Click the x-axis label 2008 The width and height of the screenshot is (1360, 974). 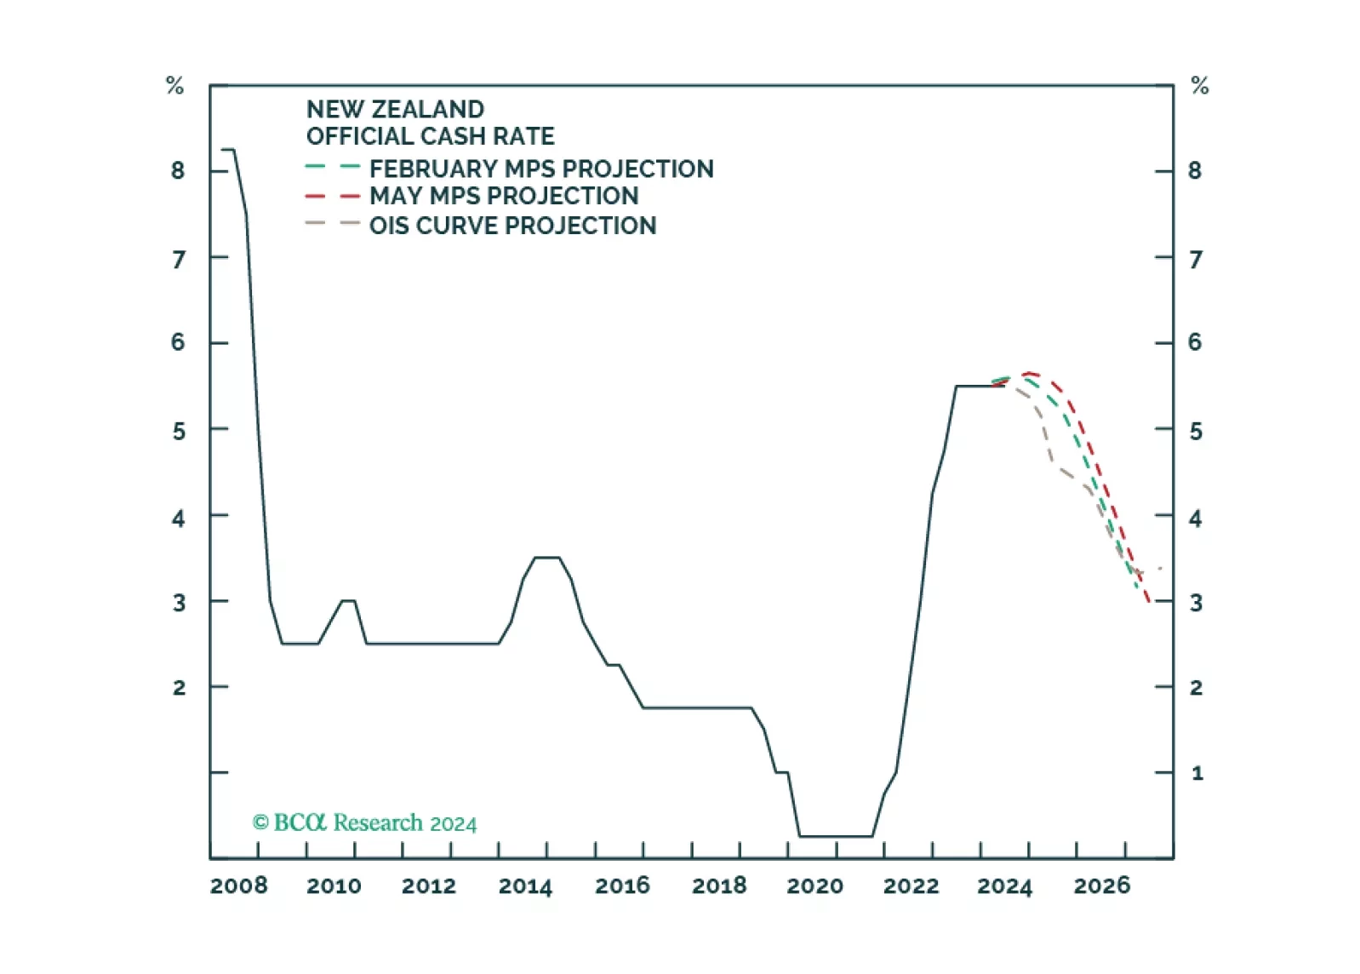[x=238, y=886]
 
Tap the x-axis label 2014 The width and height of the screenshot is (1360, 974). [x=525, y=886]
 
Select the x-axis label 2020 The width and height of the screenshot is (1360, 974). [x=814, y=886]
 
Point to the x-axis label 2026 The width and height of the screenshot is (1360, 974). [x=1102, y=886]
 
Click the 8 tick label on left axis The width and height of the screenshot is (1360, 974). [x=178, y=171]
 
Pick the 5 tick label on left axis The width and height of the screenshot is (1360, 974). [x=178, y=431]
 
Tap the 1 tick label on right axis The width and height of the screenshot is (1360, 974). [x=1197, y=773]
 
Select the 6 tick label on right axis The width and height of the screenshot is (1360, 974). [x=1195, y=342]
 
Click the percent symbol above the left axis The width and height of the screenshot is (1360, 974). [x=174, y=86]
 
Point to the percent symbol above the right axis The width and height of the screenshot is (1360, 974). [x=1200, y=86]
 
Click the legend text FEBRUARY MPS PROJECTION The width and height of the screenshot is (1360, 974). [x=541, y=169]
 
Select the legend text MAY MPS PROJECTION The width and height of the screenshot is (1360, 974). [x=504, y=196]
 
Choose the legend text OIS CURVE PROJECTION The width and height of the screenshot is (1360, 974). [x=512, y=226]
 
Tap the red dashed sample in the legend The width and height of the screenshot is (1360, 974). [x=332, y=197]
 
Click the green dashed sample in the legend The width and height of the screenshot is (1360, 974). [x=332, y=168]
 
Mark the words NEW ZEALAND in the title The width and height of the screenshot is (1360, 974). [x=395, y=110]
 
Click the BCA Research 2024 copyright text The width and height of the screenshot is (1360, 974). [x=364, y=822]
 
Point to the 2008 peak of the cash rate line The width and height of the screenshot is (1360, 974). [x=228, y=150]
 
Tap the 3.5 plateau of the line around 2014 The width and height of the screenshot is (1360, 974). [x=546, y=558]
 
